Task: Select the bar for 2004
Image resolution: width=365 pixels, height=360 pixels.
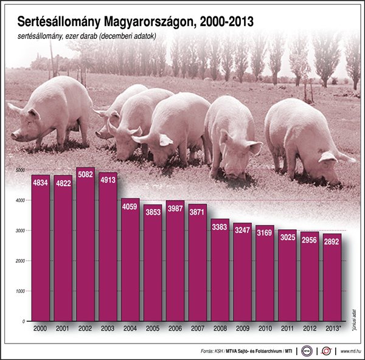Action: (130, 261)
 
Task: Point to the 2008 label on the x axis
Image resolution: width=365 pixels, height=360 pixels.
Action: (220, 328)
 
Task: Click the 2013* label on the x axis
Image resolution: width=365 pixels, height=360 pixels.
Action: (333, 328)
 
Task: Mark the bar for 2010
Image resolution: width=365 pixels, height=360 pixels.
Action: (265, 274)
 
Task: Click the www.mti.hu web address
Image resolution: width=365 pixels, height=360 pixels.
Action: (350, 351)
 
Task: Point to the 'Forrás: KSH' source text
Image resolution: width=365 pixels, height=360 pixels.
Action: (211, 351)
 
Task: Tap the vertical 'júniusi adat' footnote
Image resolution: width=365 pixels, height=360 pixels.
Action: (353, 316)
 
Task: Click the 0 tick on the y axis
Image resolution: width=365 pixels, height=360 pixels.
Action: (23, 320)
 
